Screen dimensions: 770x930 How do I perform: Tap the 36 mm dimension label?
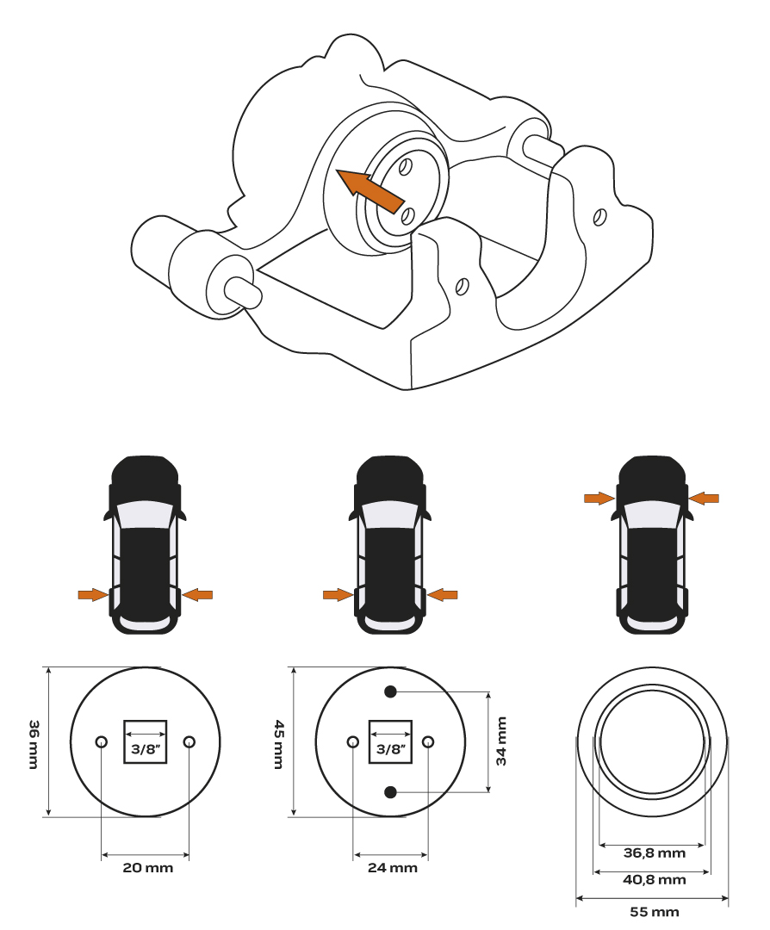pyautogui.click(x=34, y=744)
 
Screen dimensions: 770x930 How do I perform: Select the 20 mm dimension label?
pyautogui.click(x=147, y=868)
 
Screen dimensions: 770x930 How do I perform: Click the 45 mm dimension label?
pyautogui.click(x=278, y=744)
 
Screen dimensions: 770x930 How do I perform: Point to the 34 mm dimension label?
pyautogui.click(x=502, y=741)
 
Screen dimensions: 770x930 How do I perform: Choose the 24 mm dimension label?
pyautogui.click(x=393, y=868)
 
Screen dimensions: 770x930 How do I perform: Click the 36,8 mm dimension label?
pyautogui.click(x=655, y=852)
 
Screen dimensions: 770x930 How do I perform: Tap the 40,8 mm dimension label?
pyautogui.click(x=655, y=879)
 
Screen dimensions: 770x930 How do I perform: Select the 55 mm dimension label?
pyautogui.click(x=655, y=911)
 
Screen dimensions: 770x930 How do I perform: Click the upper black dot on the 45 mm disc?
pyautogui.click(x=390, y=691)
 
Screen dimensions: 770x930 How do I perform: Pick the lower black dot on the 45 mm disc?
pyautogui.click(x=390, y=792)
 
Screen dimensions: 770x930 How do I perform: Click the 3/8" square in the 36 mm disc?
pyautogui.click(x=146, y=742)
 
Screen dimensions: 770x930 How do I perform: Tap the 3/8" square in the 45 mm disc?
pyautogui.click(x=390, y=742)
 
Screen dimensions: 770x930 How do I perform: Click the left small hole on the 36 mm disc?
pyautogui.click(x=102, y=741)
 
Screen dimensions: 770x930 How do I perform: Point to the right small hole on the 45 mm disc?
pyautogui.click(x=428, y=741)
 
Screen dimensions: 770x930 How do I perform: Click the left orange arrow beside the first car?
pyautogui.click(x=93, y=594)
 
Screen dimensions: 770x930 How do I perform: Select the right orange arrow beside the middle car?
pyautogui.click(x=443, y=594)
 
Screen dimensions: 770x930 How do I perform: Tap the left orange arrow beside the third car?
pyautogui.click(x=599, y=499)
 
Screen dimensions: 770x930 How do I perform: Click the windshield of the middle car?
pyautogui.click(x=390, y=516)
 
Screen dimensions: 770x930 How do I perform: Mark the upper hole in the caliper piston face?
pyautogui.click(x=405, y=167)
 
